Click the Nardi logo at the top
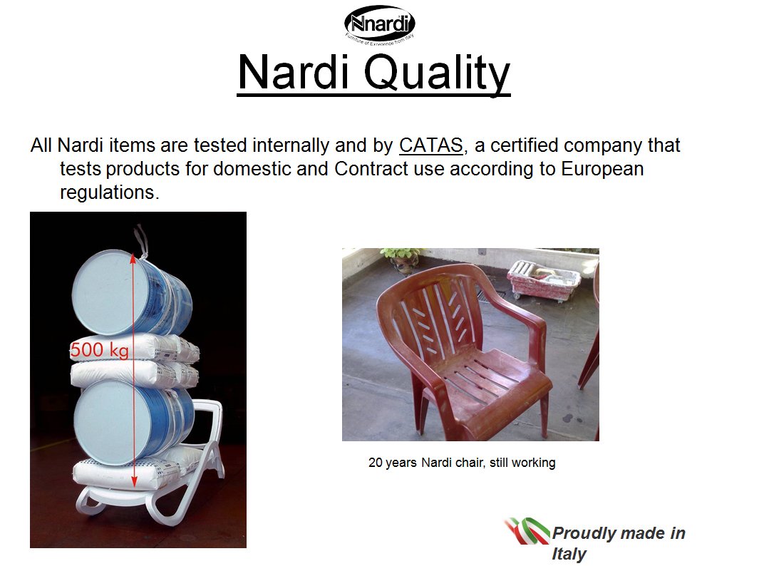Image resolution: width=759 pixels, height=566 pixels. click(379, 25)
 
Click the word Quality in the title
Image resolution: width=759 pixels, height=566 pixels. click(437, 73)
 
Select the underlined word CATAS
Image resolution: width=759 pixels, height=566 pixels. click(430, 145)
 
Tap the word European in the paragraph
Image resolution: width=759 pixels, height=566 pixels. click(602, 168)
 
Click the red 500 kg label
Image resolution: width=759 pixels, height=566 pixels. click(99, 349)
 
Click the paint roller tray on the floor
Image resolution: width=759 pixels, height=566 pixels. click(544, 278)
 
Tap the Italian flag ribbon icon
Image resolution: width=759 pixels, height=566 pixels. click(527, 531)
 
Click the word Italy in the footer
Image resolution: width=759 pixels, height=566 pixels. click(569, 553)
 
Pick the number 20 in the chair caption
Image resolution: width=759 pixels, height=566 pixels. click(376, 463)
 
